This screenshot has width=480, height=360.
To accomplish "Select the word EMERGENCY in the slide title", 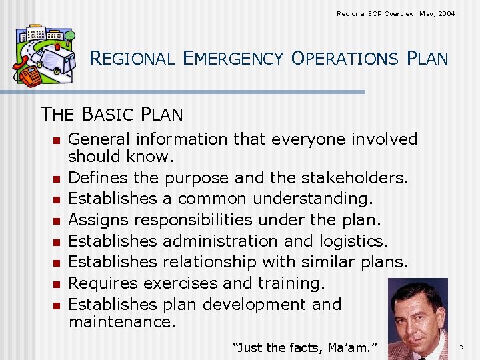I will coord(237,59).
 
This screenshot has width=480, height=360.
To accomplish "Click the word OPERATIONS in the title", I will coord(344,59).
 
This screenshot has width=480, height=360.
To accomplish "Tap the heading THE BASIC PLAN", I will coord(112,114).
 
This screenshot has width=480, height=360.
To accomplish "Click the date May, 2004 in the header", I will coord(437,13).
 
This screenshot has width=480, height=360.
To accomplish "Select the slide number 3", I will coord(461,346).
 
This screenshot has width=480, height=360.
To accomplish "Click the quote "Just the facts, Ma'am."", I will coord(305,347).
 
